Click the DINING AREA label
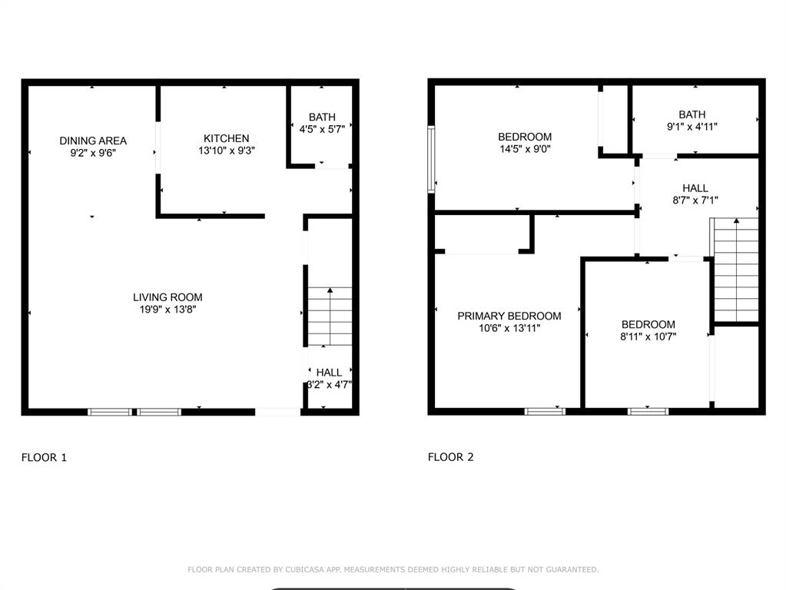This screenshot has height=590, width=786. pos(93,141)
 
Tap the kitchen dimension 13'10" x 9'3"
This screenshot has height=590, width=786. pos(226,151)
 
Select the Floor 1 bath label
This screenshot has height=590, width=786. pos(322,117)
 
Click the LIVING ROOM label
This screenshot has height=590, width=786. pos(167,297)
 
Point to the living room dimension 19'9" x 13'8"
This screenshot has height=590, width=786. pos(167,310)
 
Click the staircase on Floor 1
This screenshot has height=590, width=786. pos(330,317)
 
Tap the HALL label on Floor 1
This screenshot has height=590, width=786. pos(329,373)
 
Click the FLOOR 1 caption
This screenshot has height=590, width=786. pos(44,457)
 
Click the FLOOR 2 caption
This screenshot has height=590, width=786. pos(450,457)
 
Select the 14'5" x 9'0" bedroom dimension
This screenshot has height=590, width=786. pos(525,149)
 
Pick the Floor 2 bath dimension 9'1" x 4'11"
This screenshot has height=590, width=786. pos(691,127)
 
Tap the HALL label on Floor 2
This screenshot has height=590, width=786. pos(695,188)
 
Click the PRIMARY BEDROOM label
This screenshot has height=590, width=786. pos(509,316)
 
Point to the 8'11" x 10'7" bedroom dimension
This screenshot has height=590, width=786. pos(648,336)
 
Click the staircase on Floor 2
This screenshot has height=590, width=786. pos(736,269)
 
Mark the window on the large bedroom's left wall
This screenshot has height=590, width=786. pos(431,158)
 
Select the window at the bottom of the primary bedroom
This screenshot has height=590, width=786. pos(545,412)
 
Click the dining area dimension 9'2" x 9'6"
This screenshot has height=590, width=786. pos(93,153)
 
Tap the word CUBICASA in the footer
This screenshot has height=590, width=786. pos(300,569)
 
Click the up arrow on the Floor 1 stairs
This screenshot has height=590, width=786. pos(330,292)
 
